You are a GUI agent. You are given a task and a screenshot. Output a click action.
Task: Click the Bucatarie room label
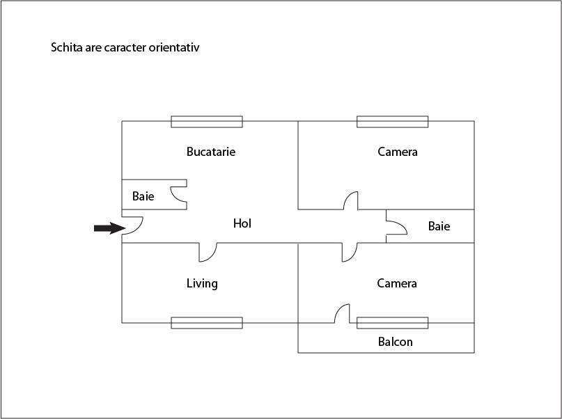click(210, 152)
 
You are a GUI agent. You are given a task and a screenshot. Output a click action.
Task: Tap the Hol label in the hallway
click(242, 223)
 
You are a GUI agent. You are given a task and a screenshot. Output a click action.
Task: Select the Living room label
click(202, 283)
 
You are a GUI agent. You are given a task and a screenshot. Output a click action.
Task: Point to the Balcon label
click(395, 342)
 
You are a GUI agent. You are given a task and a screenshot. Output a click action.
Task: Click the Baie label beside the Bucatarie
click(143, 196)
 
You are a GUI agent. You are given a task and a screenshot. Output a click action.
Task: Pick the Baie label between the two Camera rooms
click(439, 226)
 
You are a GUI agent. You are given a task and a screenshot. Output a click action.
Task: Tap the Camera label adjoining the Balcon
click(397, 283)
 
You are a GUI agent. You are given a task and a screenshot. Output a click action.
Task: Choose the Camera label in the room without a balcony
click(398, 152)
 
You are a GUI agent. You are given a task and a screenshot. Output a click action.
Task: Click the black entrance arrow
click(108, 228)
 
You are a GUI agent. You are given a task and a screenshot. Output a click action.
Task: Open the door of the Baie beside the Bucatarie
click(180, 194)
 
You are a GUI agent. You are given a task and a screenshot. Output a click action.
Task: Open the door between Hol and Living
click(207, 252)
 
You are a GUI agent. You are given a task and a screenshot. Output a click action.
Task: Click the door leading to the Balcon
click(341, 314)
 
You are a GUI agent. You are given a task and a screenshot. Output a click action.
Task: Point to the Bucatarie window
click(207, 122)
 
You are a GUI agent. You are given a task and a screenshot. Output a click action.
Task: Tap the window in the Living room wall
click(207, 323)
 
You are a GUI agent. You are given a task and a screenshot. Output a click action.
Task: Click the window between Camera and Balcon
click(393, 323)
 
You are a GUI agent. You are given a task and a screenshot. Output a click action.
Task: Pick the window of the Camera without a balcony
click(393, 122)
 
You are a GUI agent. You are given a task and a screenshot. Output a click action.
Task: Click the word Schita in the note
click(65, 49)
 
